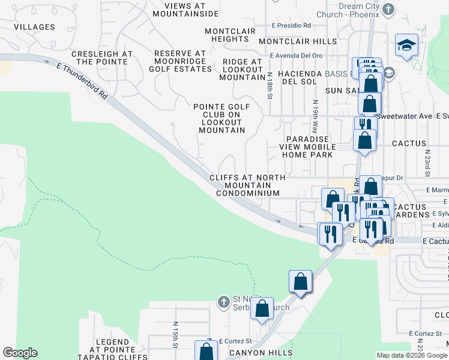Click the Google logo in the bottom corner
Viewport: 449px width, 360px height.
pos(20,353)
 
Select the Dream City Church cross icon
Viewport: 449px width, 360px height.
pos(388,10)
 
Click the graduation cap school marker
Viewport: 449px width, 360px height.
pos(406,45)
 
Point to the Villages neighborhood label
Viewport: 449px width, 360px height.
pos(34,27)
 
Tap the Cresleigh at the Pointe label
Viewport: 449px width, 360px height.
pos(101,58)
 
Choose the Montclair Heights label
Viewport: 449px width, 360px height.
pos(230,35)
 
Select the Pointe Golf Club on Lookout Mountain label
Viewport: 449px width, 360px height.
pos(222,118)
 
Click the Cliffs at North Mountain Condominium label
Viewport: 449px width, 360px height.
pos(247,185)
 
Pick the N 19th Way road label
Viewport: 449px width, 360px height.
pos(315,116)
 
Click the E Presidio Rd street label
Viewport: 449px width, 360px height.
pos(291,26)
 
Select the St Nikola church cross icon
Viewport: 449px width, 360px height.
pos(223,301)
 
